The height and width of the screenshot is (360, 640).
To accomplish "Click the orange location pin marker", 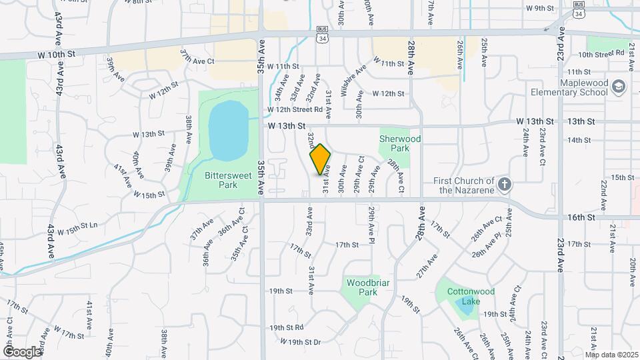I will pos(320,159).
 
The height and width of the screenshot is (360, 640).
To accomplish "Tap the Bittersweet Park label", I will pos(222,180).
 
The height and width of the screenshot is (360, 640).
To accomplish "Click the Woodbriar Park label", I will pos(363,287).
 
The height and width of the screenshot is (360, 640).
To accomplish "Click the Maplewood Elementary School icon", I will pos(619,87).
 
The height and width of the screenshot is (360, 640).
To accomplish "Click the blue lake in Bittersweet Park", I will pos(229,130).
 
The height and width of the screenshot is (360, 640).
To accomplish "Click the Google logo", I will pos(22,351).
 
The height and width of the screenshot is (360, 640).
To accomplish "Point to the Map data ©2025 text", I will pos(611,354).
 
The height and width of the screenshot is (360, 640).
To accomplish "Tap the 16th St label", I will pos(582,217).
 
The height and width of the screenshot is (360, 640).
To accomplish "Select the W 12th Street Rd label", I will pos(295,109).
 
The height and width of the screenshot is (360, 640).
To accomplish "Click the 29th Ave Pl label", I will pos(371,225).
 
